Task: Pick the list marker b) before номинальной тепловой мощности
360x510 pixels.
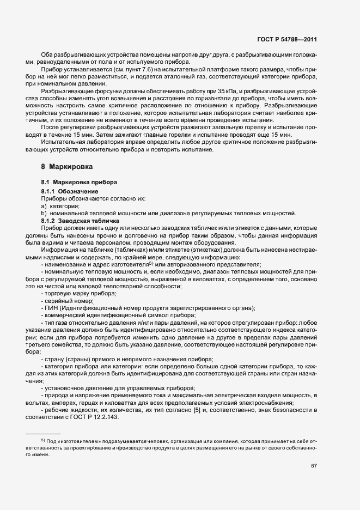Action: (44, 213)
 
